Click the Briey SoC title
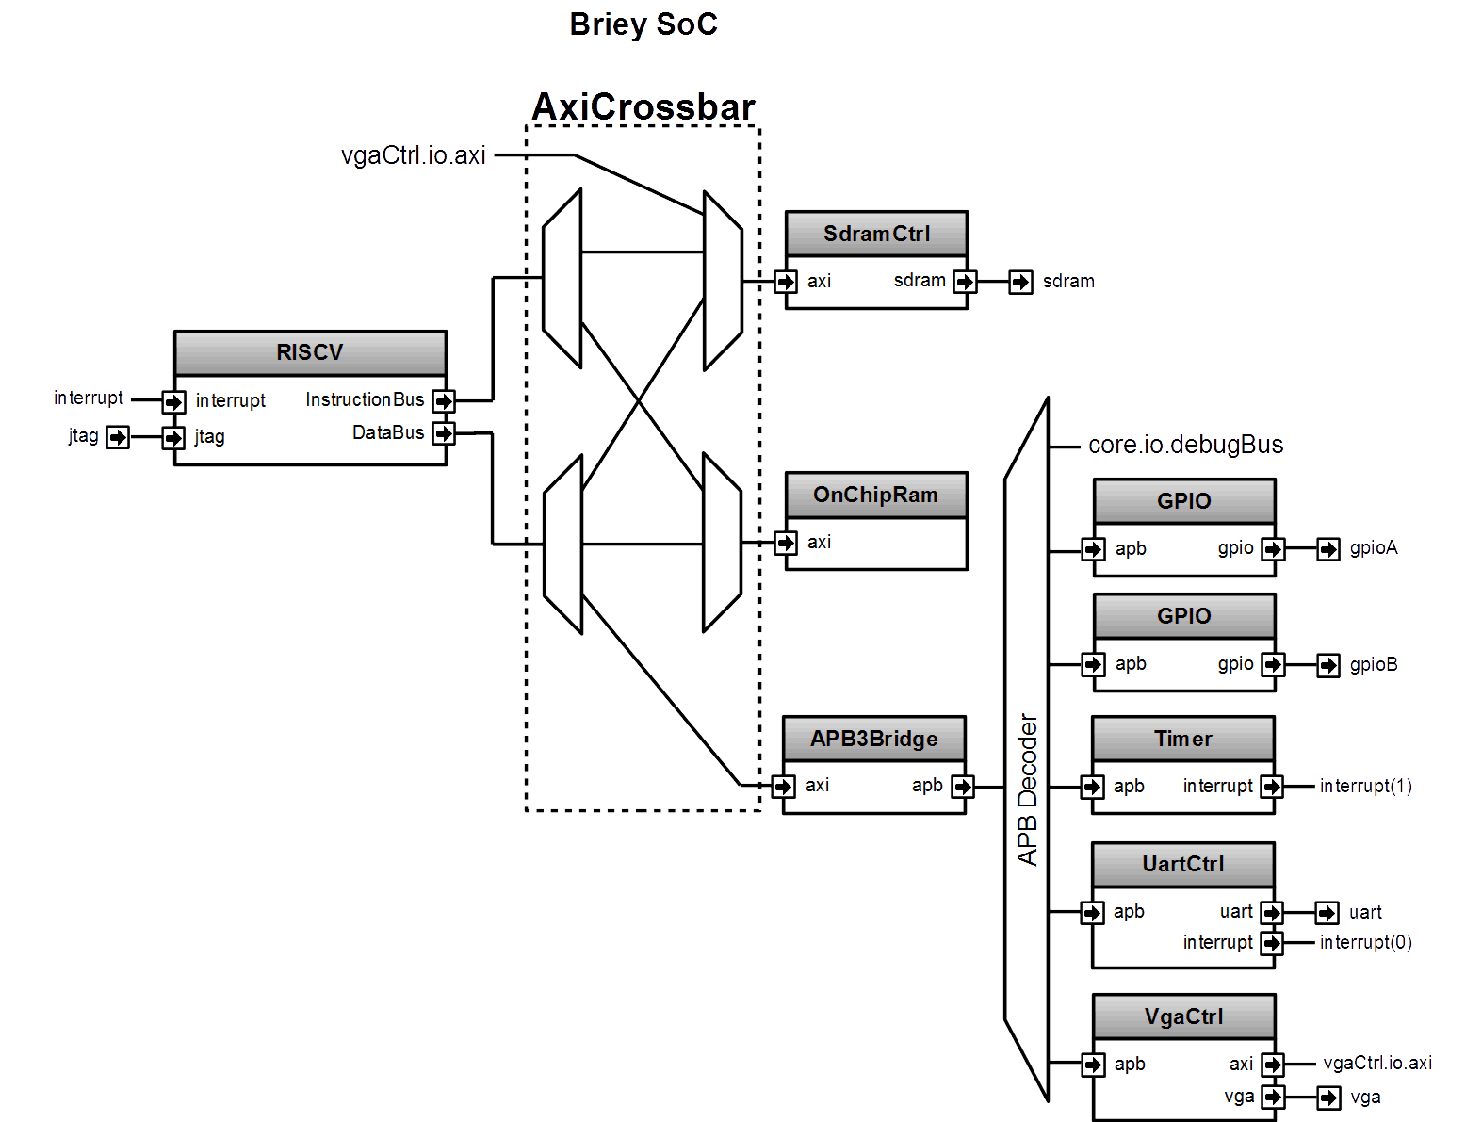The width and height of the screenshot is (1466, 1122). tap(643, 24)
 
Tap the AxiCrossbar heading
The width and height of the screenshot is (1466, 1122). tap(643, 106)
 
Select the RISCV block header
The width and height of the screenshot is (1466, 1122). tap(311, 352)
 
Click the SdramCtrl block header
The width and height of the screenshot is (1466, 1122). tap(876, 234)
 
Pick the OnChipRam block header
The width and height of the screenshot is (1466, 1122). tap(876, 495)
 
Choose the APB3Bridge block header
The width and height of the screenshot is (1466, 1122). tap(874, 739)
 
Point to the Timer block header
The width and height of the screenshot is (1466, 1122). tap(1183, 739)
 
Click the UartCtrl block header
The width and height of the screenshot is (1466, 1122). tap(1183, 864)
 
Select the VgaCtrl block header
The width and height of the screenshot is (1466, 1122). tap(1184, 1016)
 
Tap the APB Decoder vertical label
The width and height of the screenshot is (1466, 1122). tap(1027, 790)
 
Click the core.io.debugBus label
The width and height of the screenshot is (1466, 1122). tap(1185, 445)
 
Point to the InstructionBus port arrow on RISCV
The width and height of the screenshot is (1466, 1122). tap(444, 401)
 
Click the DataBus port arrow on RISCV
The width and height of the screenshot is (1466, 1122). tap(444, 433)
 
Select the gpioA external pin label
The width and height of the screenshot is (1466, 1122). tap(1373, 548)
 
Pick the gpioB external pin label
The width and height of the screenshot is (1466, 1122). tap(1373, 664)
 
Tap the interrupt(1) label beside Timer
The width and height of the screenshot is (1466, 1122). tap(1366, 786)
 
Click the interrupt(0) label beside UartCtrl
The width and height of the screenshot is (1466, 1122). tap(1366, 942)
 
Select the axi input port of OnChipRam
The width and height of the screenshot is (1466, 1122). tap(786, 543)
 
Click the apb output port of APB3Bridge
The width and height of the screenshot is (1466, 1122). tap(963, 787)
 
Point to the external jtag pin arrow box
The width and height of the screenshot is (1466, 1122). tap(118, 437)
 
